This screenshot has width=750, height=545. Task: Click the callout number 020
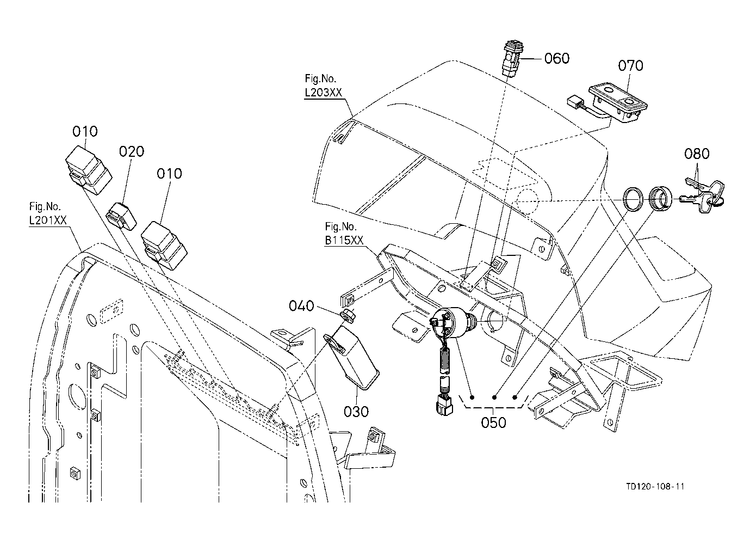(x=132, y=151)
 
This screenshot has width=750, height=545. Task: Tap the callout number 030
(x=356, y=412)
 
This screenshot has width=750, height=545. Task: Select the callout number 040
(x=301, y=305)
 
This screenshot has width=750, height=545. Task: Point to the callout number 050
(x=493, y=422)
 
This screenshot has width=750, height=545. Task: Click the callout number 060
(x=557, y=58)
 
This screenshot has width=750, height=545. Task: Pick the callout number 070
(x=630, y=65)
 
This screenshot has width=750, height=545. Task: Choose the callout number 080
(x=697, y=154)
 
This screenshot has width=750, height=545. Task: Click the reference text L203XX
(x=323, y=93)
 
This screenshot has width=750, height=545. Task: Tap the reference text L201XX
(x=48, y=220)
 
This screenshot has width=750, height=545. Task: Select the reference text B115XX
(x=344, y=240)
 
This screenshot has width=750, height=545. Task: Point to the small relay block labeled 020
(x=121, y=217)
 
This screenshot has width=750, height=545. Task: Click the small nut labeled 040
(x=348, y=316)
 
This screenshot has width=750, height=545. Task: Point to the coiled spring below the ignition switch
(x=444, y=360)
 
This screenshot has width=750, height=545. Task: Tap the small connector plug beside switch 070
(x=574, y=102)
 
